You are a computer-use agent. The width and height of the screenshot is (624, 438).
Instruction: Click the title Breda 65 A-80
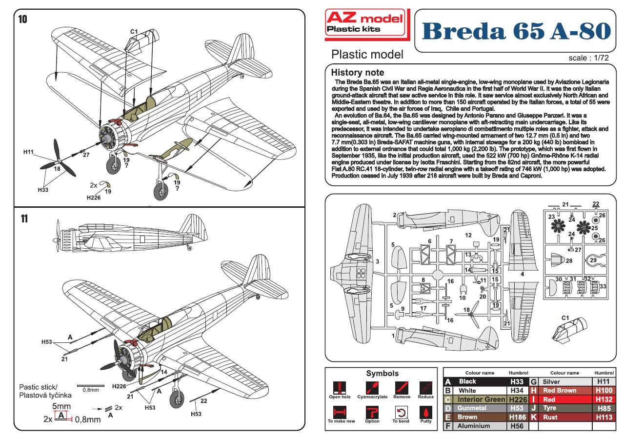coord(516,31)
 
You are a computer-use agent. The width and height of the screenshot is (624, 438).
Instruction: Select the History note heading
coord(357,72)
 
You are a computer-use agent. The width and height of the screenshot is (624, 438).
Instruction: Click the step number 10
coord(22,20)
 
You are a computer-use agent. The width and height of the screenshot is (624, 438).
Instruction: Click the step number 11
coord(22,219)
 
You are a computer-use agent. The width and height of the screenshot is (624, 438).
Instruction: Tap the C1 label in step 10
coord(134,32)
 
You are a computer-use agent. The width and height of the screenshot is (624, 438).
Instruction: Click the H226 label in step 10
coord(93,198)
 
